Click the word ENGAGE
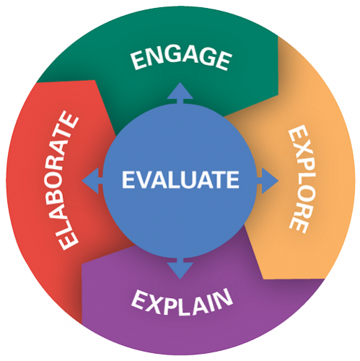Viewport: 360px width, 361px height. click(x=182, y=58)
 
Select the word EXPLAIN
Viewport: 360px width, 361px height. click(x=182, y=301)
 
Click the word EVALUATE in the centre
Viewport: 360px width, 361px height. click(x=180, y=179)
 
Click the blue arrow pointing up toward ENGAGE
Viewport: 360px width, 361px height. click(x=180, y=93)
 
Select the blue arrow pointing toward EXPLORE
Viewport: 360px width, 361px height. click(x=268, y=180)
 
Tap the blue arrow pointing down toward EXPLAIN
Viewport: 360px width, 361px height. click(x=180, y=268)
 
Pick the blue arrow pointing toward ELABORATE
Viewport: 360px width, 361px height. click(x=92, y=180)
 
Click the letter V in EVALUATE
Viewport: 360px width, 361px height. click(x=145, y=180)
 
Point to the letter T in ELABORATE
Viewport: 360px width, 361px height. click(x=67, y=133)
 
